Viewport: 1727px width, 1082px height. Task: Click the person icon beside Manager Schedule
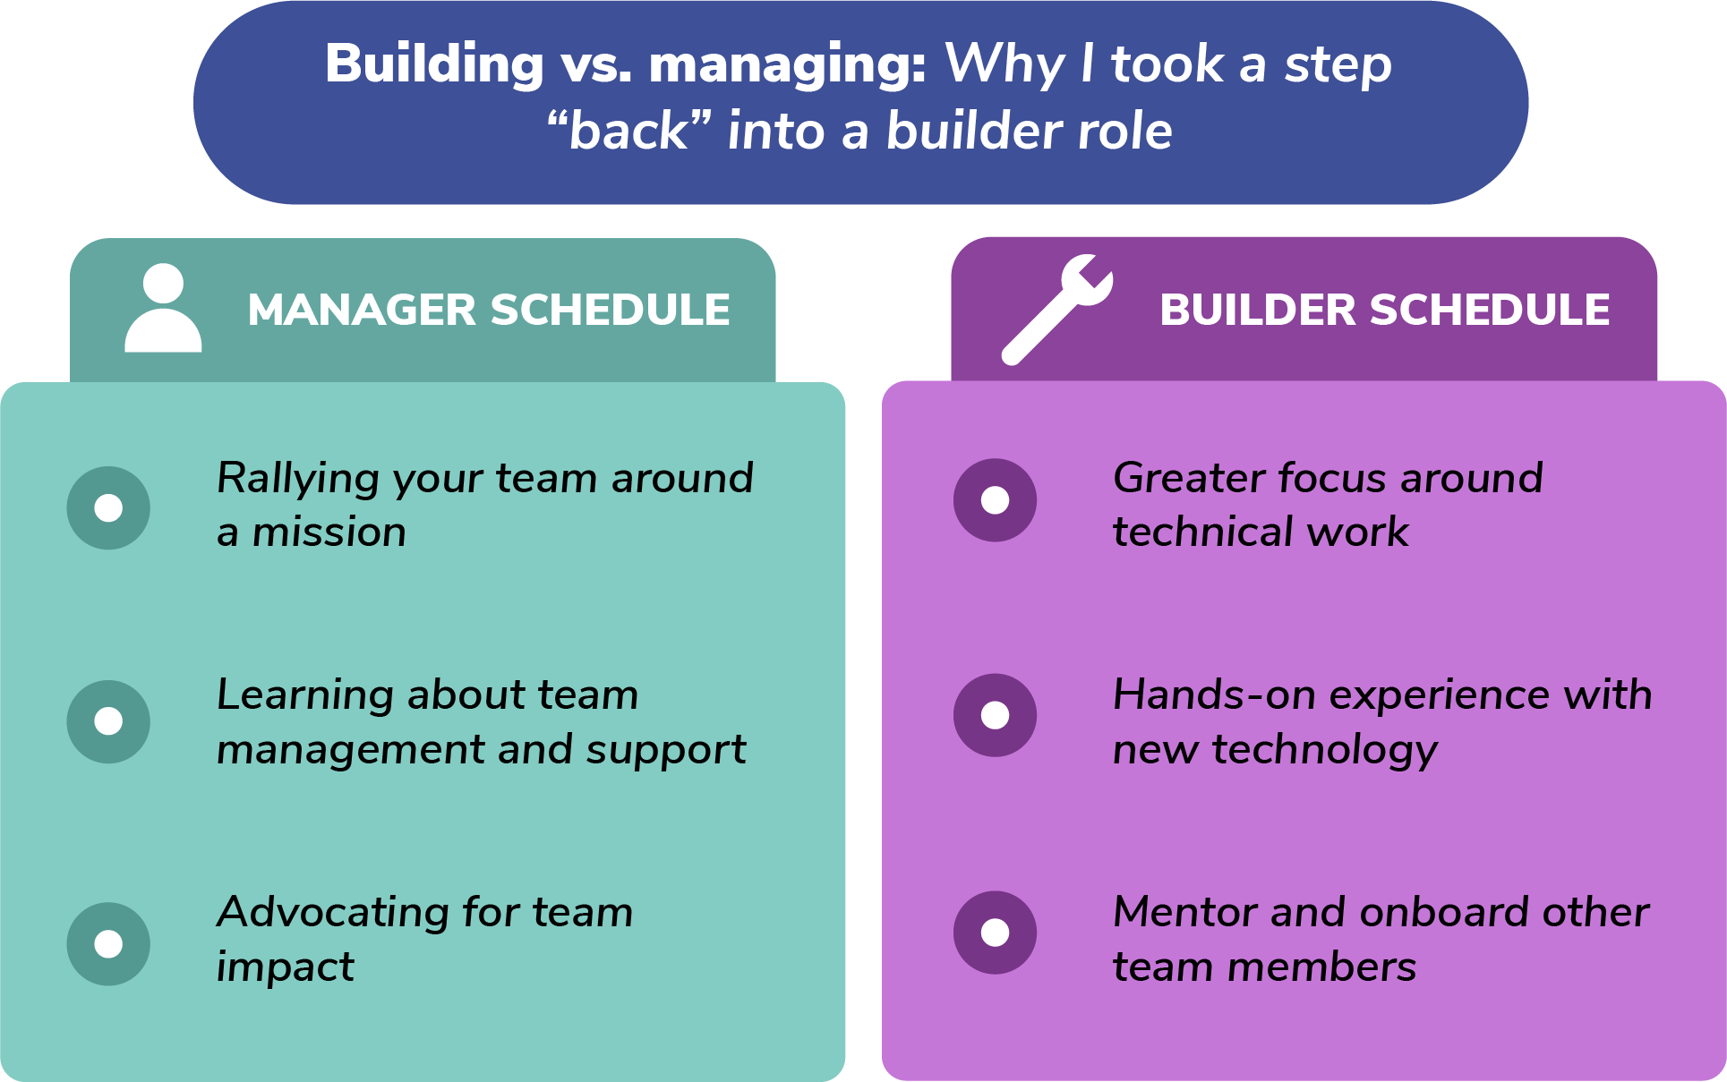(x=163, y=309)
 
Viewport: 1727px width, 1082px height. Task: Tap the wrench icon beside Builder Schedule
(x=1056, y=310)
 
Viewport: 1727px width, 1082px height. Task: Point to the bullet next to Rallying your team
(x=108, y=507)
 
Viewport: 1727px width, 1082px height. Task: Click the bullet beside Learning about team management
(x=108, y=721)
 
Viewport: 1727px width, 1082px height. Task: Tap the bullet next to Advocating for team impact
(x=108, y=943)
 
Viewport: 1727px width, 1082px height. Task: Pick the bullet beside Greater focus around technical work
(x=995, y=500)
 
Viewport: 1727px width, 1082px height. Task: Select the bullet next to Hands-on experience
(x=995, y=715)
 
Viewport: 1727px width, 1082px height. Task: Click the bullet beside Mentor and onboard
(x=995, y=933)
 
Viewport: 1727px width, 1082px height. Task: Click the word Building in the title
(x=434, y=64)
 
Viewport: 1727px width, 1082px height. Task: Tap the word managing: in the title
(x=787, y=66)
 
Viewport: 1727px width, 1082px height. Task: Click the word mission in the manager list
(x=329, y=532)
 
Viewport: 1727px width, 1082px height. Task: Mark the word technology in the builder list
(x=1325, y=751)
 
